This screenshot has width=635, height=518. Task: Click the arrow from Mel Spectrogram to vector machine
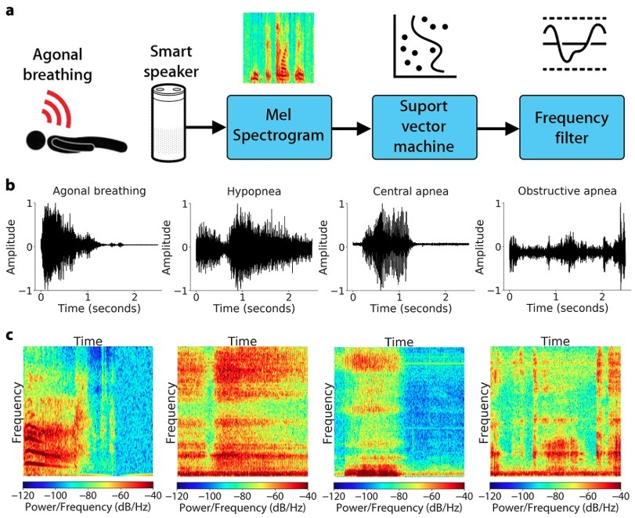coord(352,127)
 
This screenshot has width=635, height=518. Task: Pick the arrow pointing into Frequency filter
coord(498,127)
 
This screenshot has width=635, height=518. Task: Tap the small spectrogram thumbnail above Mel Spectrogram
coord(278,48)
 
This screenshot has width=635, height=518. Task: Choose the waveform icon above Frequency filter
coord(575,43)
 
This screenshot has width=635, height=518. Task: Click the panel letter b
coord(9,186)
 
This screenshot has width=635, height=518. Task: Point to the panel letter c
coord(9,335)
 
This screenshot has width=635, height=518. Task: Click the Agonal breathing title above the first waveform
coord(96,190)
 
